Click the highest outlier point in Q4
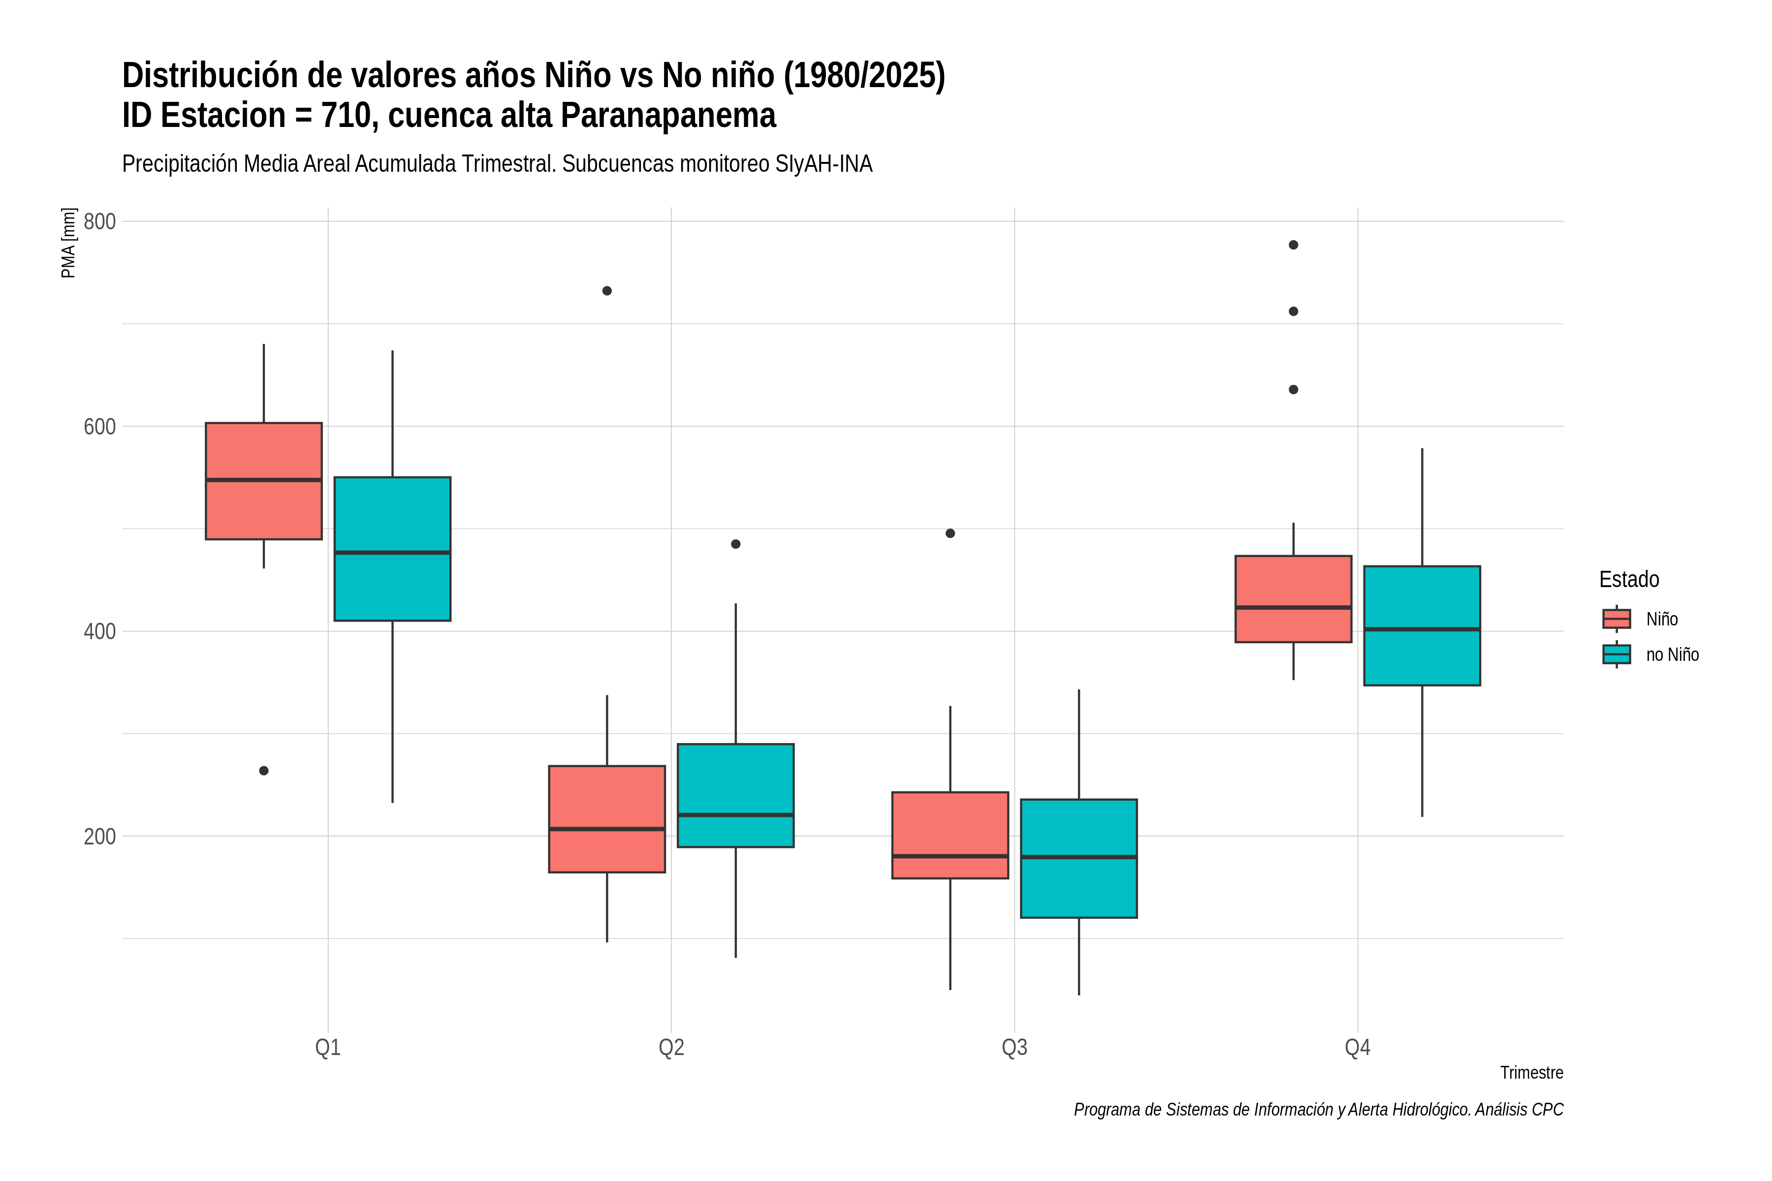(1293, 245)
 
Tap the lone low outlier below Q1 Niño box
(264, 771)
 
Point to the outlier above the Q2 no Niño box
(735, 544)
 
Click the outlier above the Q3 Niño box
(950, 533)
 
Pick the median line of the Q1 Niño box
(264, 480)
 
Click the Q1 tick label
(328, 1048)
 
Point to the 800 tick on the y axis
(99, 221)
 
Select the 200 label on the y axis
(99, 836)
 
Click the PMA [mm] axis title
(68, 243)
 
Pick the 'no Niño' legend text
(1673, 654)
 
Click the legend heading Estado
(1629, 579)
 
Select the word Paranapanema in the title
(668, 115)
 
